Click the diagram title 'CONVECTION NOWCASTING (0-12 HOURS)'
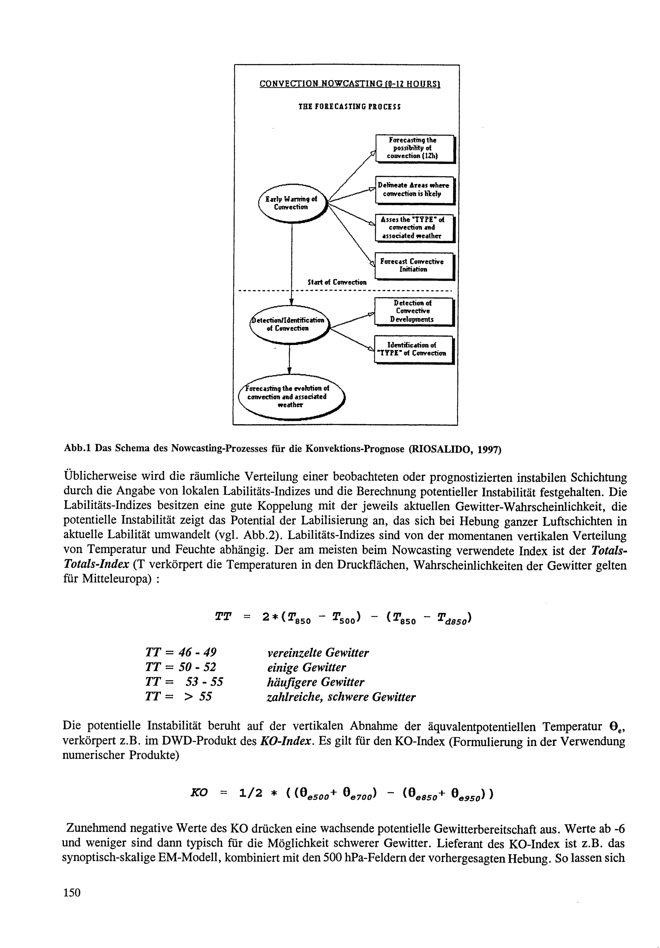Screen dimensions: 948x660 (349, 84)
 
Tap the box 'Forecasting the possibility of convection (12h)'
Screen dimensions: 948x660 (414, 148)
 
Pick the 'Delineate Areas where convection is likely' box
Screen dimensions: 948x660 (414, 190)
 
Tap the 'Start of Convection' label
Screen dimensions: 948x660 (337, 282)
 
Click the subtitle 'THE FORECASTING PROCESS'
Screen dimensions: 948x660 (349, 107)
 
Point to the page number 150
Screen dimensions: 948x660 (72, 893)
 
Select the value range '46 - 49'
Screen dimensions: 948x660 (197, 652)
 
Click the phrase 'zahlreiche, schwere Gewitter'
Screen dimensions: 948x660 (341, 697)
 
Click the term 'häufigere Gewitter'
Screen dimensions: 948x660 (315, 682)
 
